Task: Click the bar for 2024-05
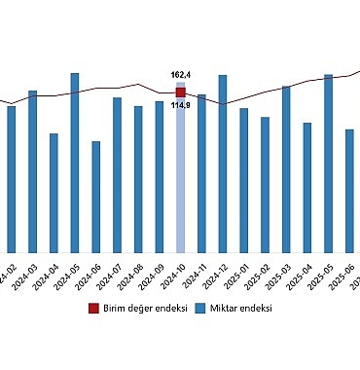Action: [75, 163]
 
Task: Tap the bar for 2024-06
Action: [95, 197]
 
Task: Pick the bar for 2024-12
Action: [223, 164]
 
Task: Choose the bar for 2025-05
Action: [329, 164]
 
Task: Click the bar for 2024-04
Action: [54, 193]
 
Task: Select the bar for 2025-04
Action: [307, 188]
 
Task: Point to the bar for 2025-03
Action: [286, 169]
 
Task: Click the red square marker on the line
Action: [180, 92]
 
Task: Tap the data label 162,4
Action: [180, 75]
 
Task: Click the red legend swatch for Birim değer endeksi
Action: [93, 309]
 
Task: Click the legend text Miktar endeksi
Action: [240, 309]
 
